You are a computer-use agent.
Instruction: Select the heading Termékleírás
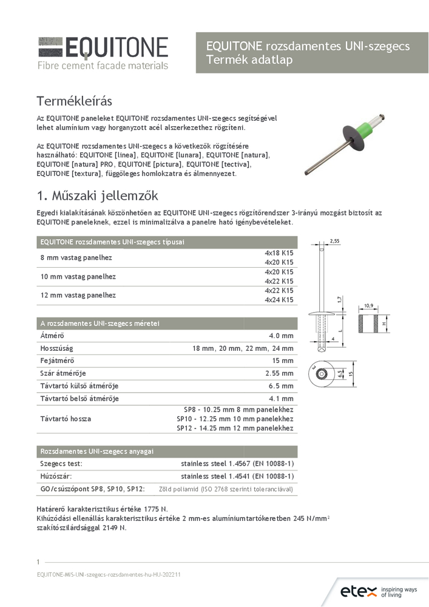point(75,100)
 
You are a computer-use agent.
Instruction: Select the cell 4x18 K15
point(279,253)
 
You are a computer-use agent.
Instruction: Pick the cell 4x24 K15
point(279,300)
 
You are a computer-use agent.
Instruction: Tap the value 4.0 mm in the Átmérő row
point(281,336)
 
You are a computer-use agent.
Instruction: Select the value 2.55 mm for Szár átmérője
point(279,373)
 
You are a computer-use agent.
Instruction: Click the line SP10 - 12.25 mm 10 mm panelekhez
point(235,419)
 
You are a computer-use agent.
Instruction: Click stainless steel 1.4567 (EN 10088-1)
point(237,464)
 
